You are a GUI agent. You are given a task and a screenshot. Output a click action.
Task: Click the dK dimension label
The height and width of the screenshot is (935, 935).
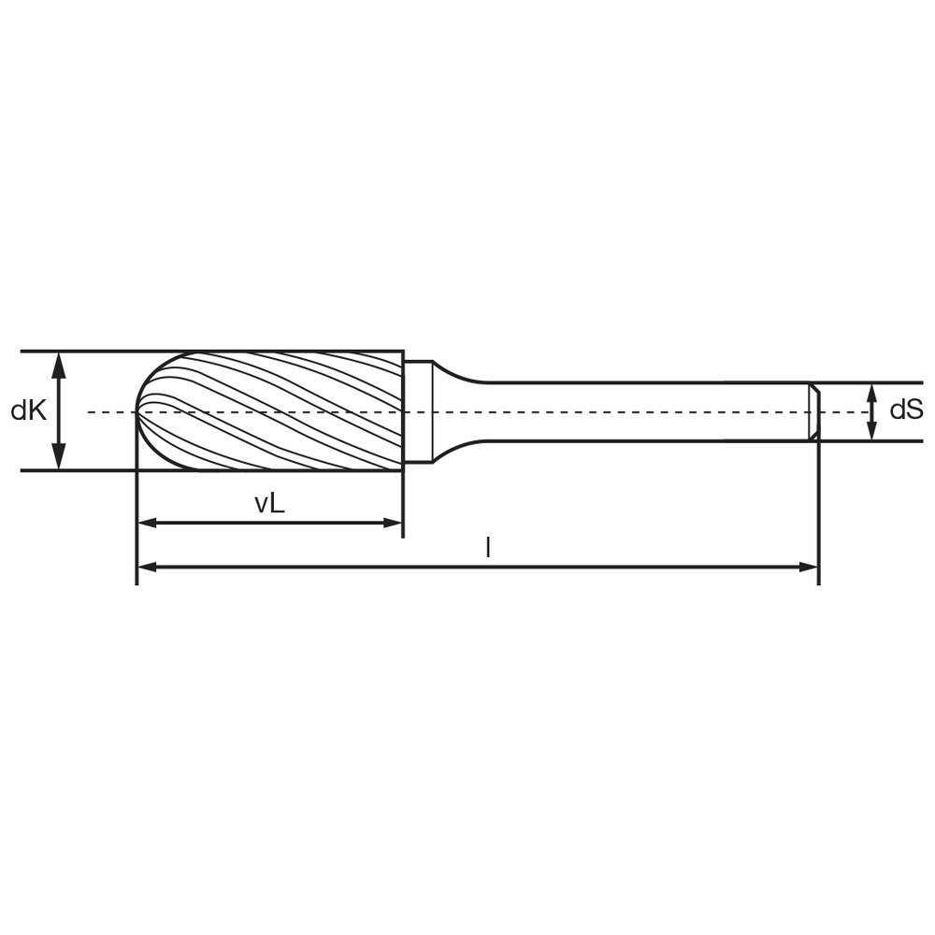coord(29,410)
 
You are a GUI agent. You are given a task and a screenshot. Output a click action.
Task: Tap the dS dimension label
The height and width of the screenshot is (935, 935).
coord(906,410)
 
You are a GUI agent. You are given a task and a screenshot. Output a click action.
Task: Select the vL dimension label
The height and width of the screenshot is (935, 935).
coord(269,504)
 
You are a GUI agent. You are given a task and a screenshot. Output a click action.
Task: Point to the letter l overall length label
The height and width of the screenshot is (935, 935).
coord(488,547)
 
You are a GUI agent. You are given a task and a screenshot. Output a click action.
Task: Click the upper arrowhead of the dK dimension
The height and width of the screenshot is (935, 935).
coord(58,365)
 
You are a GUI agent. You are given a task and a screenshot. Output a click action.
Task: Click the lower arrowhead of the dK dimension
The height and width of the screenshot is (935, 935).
coord(58,457)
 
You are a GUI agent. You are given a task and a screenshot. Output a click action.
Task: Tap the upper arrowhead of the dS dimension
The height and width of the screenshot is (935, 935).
coord(871,393)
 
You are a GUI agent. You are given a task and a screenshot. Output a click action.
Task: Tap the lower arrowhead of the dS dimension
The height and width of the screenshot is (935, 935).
coord(871,430)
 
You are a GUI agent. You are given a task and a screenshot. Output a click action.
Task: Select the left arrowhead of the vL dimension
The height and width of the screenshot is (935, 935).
coord(148,523)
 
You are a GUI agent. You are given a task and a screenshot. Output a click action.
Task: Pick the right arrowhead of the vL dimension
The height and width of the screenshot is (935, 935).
coord(393,523)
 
